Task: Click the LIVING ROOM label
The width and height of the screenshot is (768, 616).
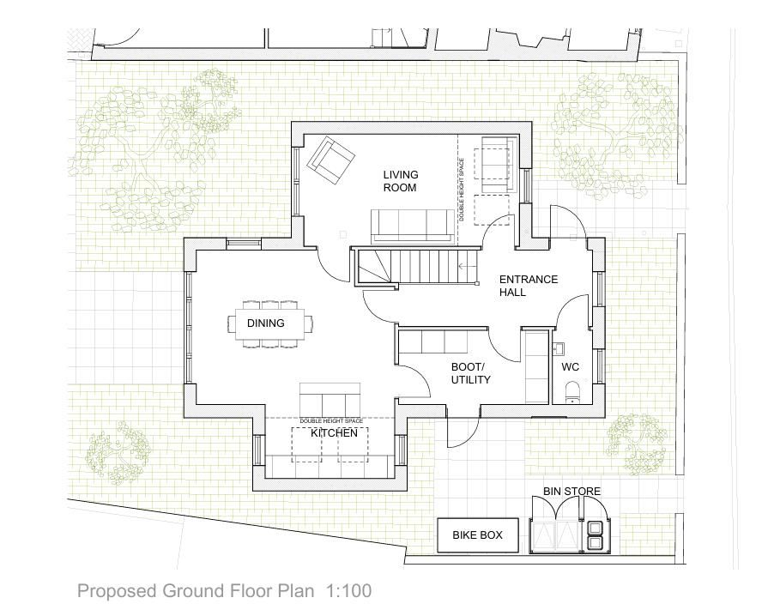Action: click(x=400, y=181)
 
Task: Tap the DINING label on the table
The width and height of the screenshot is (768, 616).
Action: click(x=266, y=323)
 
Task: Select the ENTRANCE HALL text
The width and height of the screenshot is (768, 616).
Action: click(x=528, y=286)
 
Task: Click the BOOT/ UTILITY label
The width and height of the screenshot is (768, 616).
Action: click(x=470, y=373)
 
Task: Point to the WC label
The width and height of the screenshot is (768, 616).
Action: click(x=571, y=367)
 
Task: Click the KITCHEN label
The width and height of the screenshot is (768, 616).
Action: click(x=334, y=433)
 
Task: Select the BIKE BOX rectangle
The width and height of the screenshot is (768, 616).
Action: click(x=478, y=535)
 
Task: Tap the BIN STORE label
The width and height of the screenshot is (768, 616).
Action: click(x=571, y=492)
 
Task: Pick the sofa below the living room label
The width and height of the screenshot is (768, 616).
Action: click(x=413, y=225)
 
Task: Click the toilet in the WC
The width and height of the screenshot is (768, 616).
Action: click(x=571, y=395)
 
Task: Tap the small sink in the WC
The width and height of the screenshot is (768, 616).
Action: click(x=558, y=347)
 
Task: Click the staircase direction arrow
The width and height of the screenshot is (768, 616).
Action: click(x=467, y=267)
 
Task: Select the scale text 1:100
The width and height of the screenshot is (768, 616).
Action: click(x=348, y=591)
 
